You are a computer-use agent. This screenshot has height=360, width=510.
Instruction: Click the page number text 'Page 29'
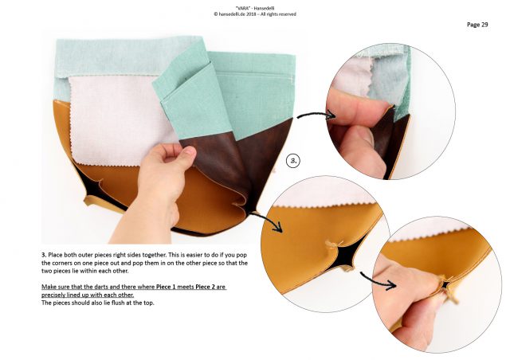pos(477,25)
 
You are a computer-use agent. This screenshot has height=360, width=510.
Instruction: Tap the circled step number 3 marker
pos(293,161)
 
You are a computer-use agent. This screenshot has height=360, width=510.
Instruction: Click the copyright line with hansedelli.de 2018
pos(255,14)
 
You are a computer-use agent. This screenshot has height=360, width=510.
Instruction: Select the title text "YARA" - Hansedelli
pos(255,8)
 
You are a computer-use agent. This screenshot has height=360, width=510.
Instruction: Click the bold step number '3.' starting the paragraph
pos(44,255)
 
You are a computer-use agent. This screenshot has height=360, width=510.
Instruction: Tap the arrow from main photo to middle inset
pos(268,221)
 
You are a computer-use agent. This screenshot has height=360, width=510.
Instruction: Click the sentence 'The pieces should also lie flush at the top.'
pos(97,303)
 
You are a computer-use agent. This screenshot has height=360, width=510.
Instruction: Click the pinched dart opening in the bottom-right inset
pos(445,285)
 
